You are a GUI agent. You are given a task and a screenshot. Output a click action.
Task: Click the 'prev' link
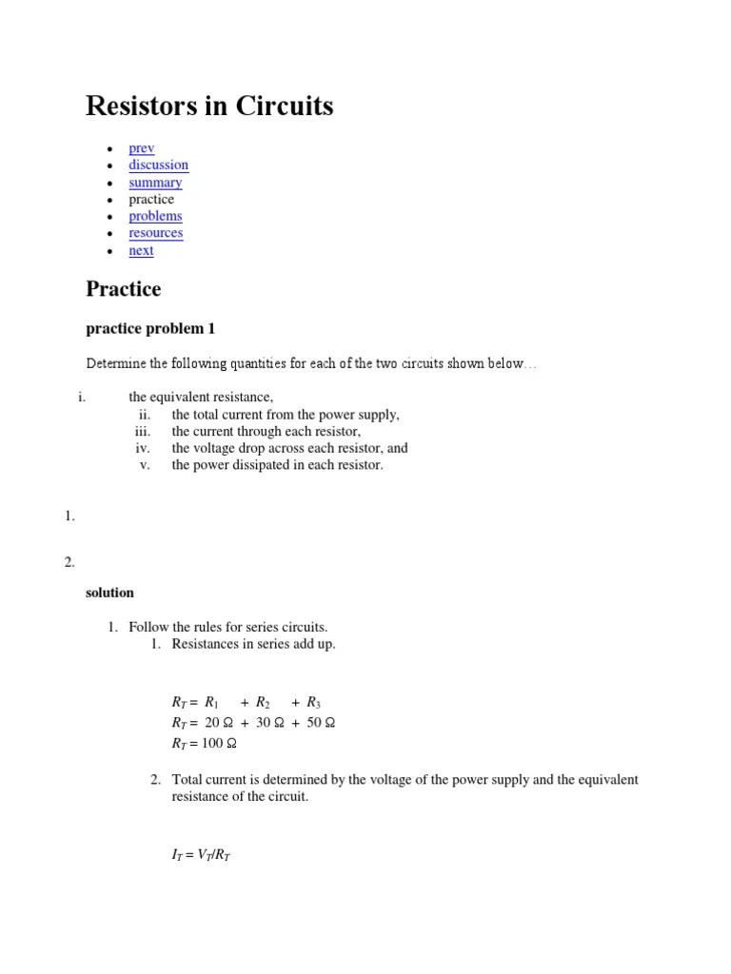(142, 148)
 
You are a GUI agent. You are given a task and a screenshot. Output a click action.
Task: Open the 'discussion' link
(158, 165)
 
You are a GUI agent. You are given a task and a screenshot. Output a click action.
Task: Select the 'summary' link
(155, 183)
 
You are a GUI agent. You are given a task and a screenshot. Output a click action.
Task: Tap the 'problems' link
(155, 216)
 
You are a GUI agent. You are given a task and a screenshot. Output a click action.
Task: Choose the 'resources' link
(155, 233)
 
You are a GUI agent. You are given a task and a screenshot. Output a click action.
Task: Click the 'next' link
(141, 250)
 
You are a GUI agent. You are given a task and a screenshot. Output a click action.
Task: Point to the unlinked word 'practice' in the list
(151, 200)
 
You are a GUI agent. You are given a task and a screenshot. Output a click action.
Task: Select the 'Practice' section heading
(123, 288)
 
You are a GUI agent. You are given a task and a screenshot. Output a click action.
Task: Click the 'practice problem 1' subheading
(150, 329)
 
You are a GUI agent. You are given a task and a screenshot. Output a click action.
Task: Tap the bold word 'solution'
(109, 593)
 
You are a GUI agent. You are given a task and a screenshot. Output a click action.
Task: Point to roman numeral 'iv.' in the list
(143, 448)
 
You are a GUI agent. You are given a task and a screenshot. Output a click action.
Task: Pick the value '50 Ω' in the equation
(321, 723)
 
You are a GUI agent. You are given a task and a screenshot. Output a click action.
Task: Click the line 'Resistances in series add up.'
(253, 645)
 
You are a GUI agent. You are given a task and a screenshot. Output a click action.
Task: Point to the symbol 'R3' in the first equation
(313, 703)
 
